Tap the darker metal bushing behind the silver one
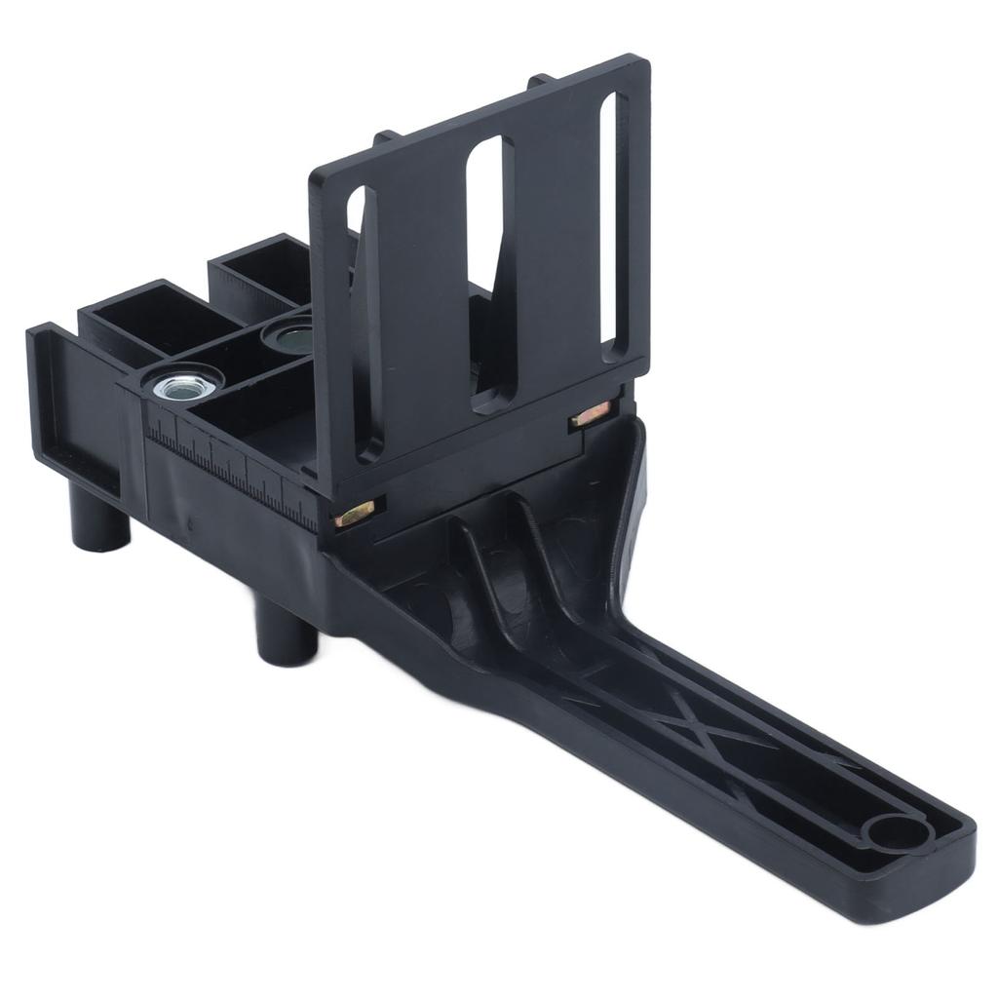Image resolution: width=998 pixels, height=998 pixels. click(x=289, y=337)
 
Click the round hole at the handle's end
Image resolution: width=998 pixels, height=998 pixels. click(x=895, y=835)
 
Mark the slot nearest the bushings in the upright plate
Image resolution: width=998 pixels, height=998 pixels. click(x=363, y=322)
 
